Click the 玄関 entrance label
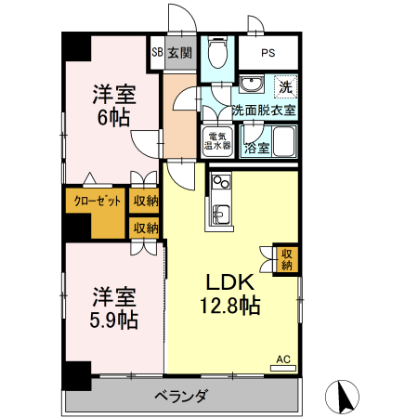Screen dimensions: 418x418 point(180,53)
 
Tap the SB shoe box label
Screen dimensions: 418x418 point(157,53)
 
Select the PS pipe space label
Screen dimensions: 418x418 point(268,53)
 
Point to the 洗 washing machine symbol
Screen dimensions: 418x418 point(286,86)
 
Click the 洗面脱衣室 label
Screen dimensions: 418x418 point(264,110)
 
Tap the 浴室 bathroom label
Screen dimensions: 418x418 point(256,148)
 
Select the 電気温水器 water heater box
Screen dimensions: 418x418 point(217,141)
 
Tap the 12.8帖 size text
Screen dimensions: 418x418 point(228,305)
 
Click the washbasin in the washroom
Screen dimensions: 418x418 point(250,86)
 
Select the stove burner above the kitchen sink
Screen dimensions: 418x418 point(220,181)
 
